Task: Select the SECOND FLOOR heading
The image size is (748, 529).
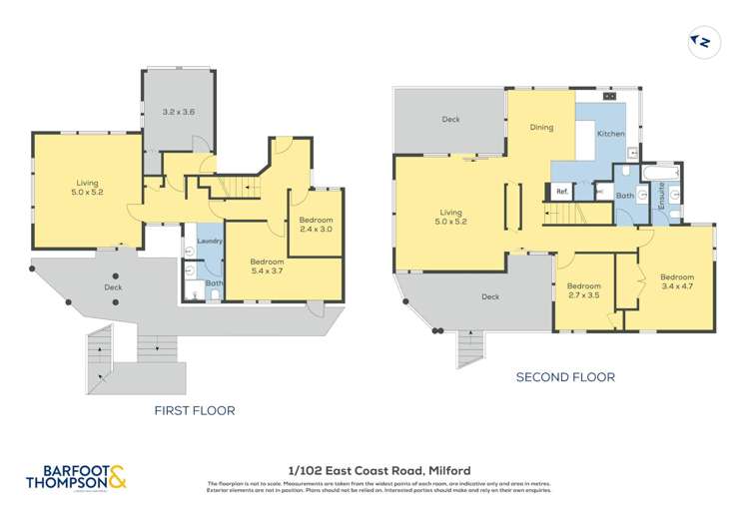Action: (564, 377)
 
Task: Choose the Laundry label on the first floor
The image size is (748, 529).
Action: (209, 242)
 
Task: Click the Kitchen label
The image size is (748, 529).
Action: (610, 133)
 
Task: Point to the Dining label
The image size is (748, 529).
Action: (541, 128)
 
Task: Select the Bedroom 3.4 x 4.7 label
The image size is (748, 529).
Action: (676, 282)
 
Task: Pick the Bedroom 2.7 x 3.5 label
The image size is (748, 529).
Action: (584, 290)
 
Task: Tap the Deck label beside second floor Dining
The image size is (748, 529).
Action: (450, 120)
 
